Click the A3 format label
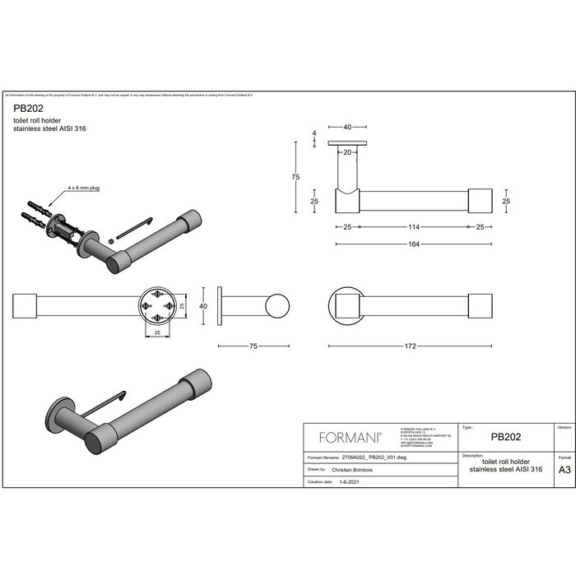coord(564,471)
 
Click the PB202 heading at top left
coord(29,107)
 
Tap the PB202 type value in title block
coord(504,438)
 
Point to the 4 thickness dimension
coord(314,133)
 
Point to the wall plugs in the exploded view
coord(35,211)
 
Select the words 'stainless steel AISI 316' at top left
coord(49,128)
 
